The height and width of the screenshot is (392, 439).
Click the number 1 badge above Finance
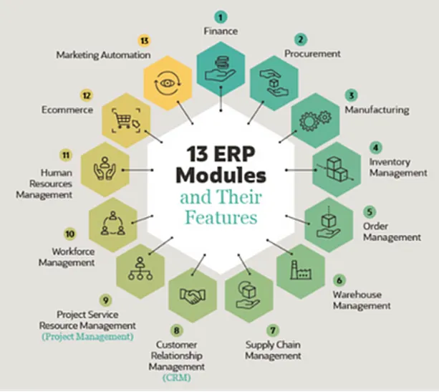221,16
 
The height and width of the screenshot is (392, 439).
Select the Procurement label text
312,54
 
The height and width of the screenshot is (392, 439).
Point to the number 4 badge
375,148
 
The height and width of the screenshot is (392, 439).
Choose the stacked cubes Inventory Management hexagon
337,169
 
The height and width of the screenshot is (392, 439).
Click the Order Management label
392,231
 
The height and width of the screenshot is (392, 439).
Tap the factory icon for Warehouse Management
300,269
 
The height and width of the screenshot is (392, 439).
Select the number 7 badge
273,330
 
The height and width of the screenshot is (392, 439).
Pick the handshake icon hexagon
193,295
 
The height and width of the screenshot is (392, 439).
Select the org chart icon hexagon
138,269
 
